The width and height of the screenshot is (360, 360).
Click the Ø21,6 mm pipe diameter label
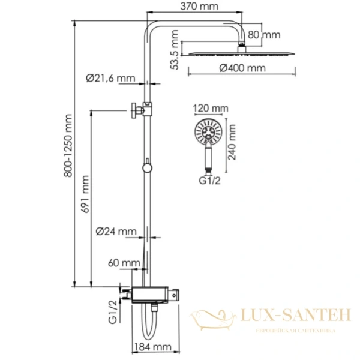[110, 77]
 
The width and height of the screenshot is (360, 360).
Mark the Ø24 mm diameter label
[115, 230]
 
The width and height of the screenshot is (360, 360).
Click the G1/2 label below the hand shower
[208, 179]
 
